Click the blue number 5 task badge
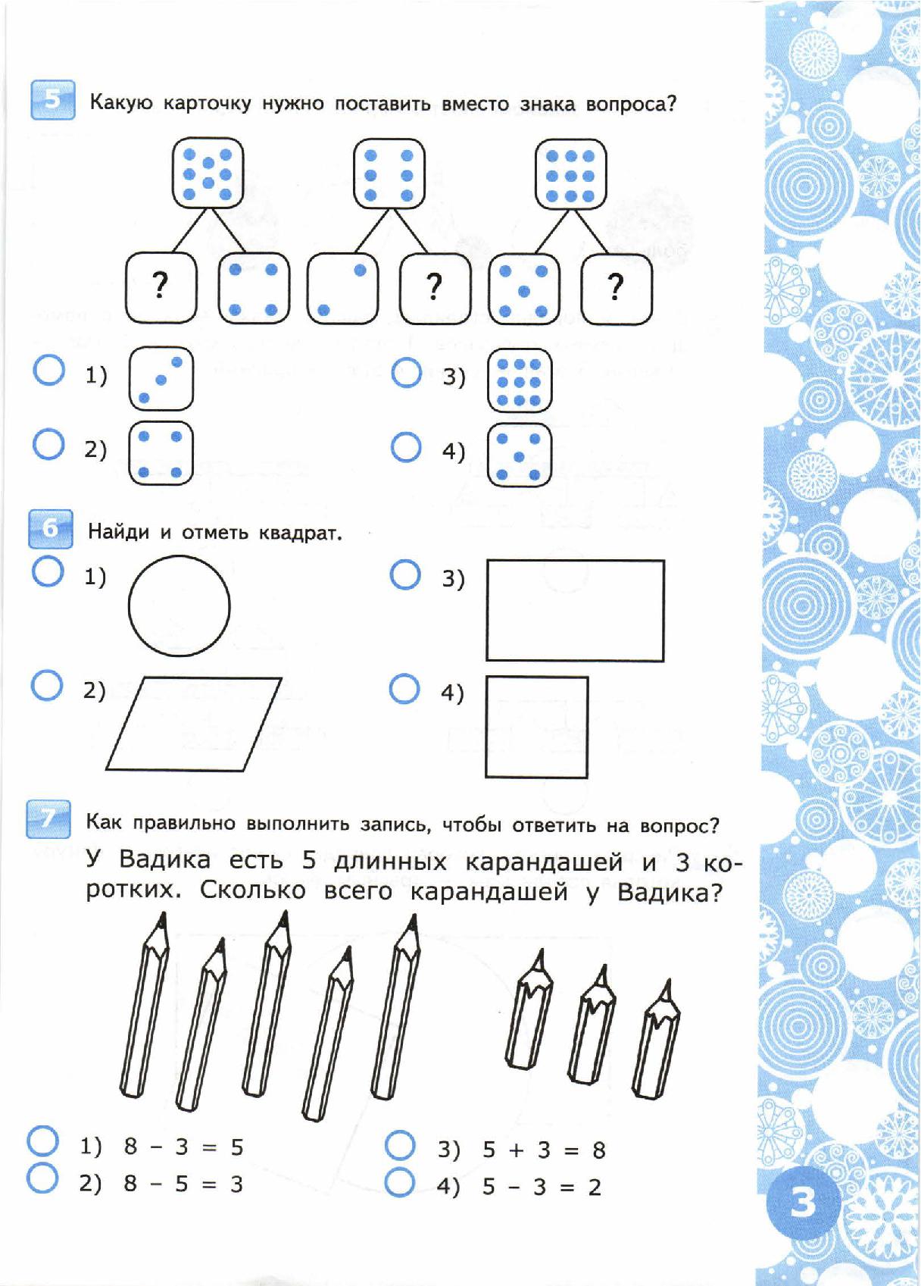[x=52, y=99]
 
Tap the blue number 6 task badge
[x=51, y=528]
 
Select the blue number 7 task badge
[x=48, y=818]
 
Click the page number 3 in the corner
[x=803, y=1202]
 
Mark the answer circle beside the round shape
[x=48, y=571]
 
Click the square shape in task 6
[x=536, y=727]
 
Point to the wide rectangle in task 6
[x=575, y=611]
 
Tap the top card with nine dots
[x=570, y=174]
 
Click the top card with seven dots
[x=208, y=173]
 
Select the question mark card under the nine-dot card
[x=616, y=289]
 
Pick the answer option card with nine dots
[x=519, y=380]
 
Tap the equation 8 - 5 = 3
[x=183, y=1184]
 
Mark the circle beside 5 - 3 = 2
[x=400, y=1182]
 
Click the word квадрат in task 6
[x=300, y=533]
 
